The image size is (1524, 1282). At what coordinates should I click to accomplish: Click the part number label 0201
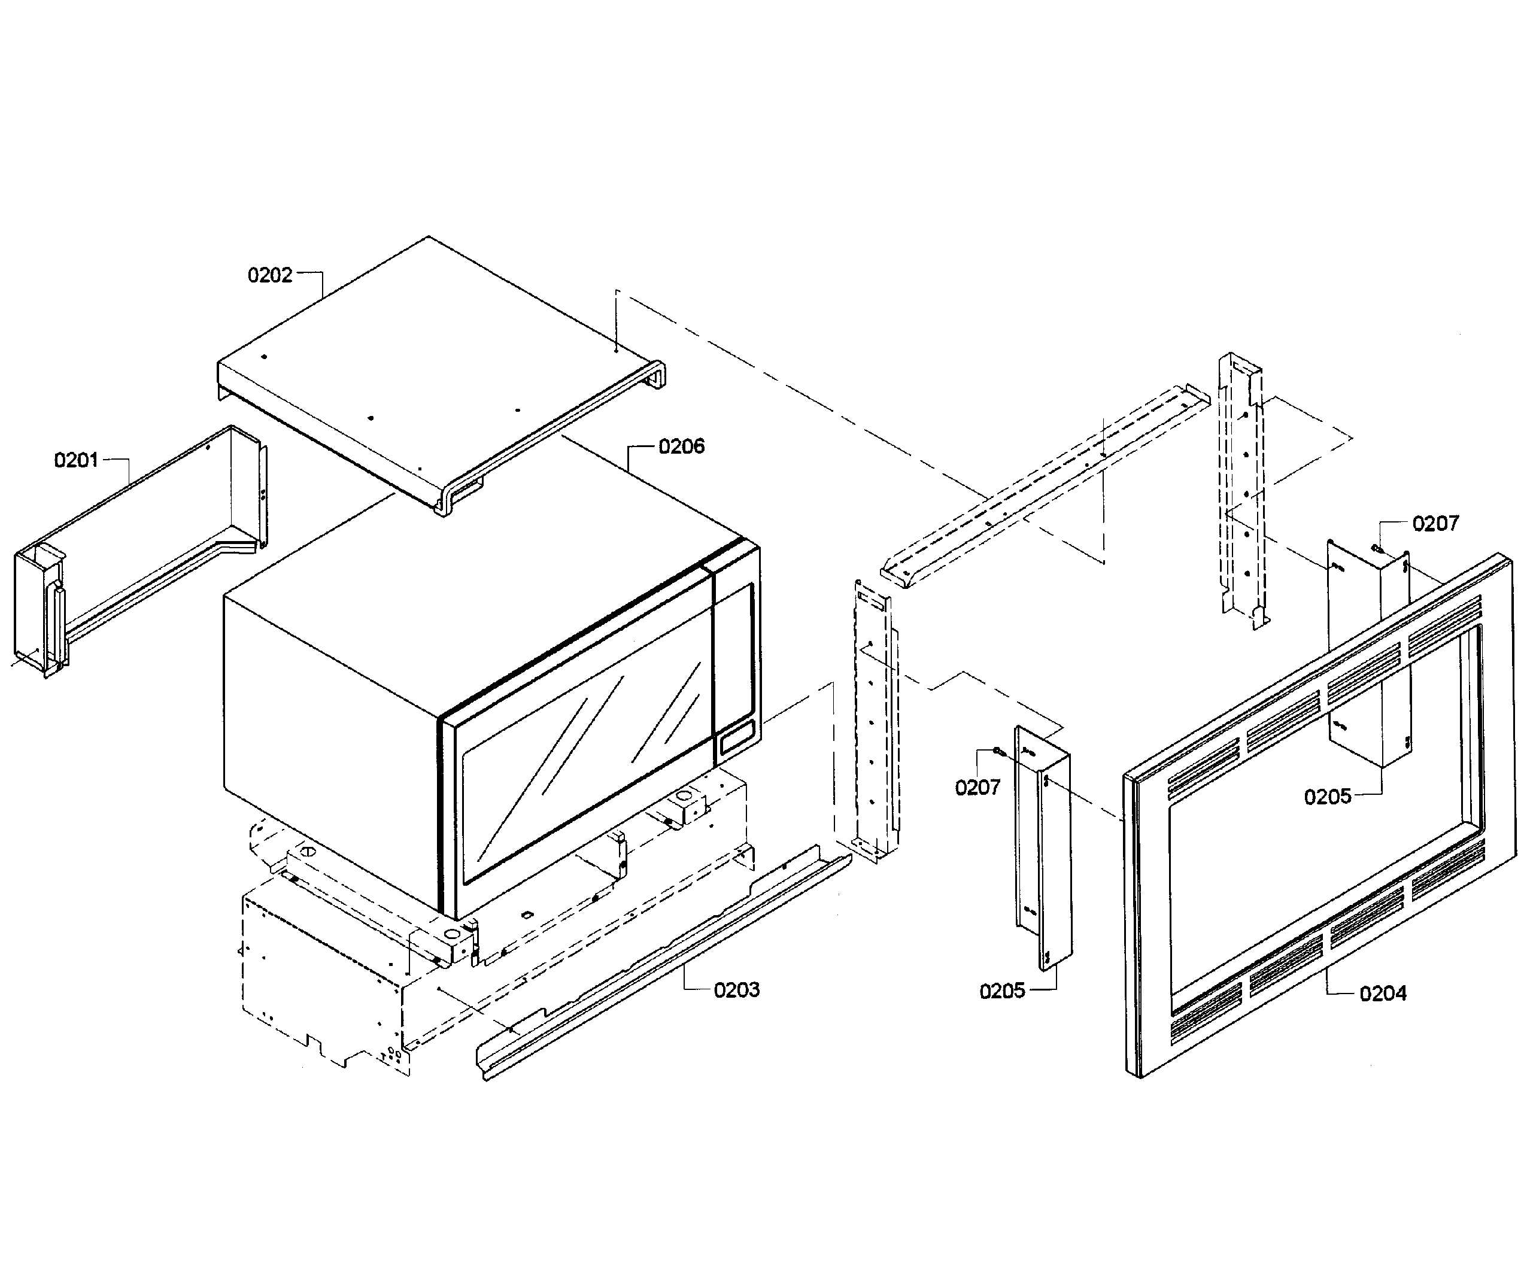pyautogui.click(x=76, y=460)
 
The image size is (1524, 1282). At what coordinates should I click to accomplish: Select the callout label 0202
pyautogui.click(x=269, y=275)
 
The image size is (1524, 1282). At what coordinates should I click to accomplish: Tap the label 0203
pyautogui.click(x=736, y=990)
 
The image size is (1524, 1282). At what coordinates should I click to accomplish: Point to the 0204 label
pyautogui.click(x=1383, y=994)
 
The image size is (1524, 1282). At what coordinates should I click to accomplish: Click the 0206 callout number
pyautogui.click(x=682, y=446)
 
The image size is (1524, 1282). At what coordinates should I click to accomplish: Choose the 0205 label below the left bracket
pyautogui.click(x=1002, y=991)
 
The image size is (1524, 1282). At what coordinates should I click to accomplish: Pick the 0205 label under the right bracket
pyautogui.click(x=1328, y=797)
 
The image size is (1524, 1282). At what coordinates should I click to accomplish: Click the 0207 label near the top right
pyautogui.click(x=1436, y=523)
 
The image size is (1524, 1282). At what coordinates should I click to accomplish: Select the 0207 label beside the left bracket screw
pyautogui.click(x=977, y=788)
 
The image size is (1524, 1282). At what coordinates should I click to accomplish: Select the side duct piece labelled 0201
pyautogui.click(x=138, y=552)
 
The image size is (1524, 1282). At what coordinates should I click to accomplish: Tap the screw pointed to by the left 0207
pyautogui.click(x=1000, y=754)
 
